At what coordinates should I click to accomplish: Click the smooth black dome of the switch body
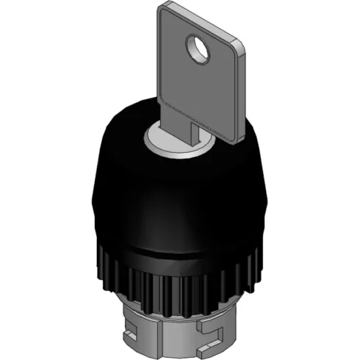176,198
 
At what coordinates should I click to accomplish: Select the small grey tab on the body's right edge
270,198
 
